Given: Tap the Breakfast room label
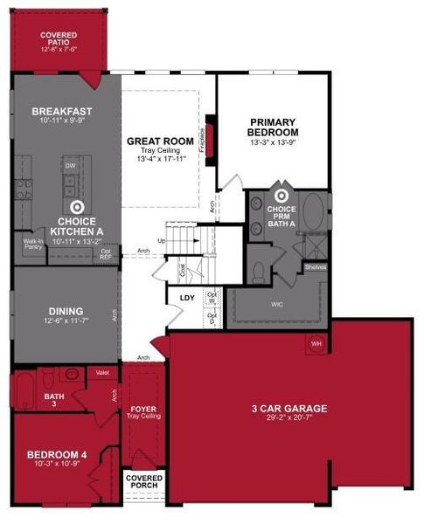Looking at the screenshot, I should tap(62, 112).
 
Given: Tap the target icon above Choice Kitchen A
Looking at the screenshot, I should tap(76, 207).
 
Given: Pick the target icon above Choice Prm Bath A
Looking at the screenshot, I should tap(282, 197).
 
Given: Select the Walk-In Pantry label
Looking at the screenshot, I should tap(33, 245).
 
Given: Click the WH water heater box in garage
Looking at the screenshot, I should tap(316, 343).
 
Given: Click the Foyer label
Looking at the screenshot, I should tap(142, 408).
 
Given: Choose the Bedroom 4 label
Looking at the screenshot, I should tap(57, 454).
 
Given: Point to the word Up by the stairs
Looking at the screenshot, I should tap(161, 240).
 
